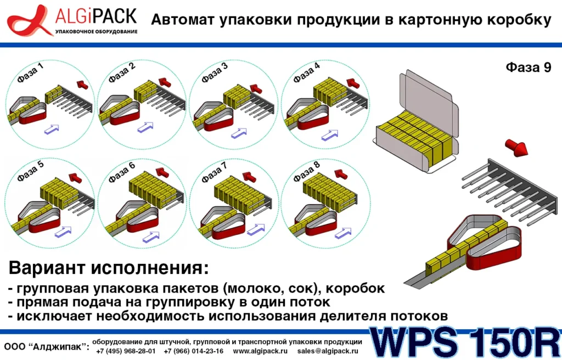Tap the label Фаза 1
coord(30,73)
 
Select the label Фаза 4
coord(306,73)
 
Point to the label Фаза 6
coord(122,172)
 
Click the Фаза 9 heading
coord(529,67)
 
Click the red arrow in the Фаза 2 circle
coord(165,82)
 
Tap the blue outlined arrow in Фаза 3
coord(239,134)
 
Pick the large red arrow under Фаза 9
coord(516,147)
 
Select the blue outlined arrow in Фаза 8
coord(343,233)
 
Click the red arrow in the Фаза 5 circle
coord(75,177)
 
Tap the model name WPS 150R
coord(465,342)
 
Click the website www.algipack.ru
coord(260,351)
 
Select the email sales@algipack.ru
coord(328,351)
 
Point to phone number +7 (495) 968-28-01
coord(126,351)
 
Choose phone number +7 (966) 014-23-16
coord(194,351)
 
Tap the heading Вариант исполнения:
coord(109,268)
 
